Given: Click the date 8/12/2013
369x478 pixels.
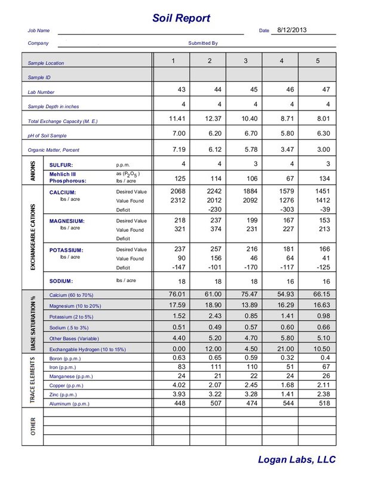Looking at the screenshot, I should [x=292, y=29].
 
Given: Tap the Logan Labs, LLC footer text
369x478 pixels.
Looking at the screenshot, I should [x=296, y=459].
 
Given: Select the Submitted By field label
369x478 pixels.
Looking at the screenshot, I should [x=203, y=43].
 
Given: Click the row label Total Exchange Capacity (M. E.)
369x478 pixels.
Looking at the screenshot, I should [x=63, y=121].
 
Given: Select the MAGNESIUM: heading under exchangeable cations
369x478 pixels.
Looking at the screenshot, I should [x=67, y=221].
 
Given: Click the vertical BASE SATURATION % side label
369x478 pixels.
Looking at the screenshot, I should [x=33, y=322].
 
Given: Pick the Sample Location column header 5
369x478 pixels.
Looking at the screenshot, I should [x=318, y=61].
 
